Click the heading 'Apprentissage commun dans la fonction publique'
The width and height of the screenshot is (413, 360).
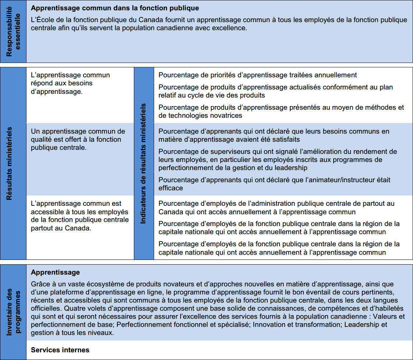click(115, 8)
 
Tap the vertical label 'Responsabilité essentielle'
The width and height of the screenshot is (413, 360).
click(14, 31)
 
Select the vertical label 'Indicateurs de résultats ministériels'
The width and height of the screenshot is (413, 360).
click(144, 163)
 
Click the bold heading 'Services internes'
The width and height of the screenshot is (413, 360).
click(60, 350)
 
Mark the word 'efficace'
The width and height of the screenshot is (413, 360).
click(171, 188)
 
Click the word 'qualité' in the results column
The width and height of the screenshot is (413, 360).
click(42, 140)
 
